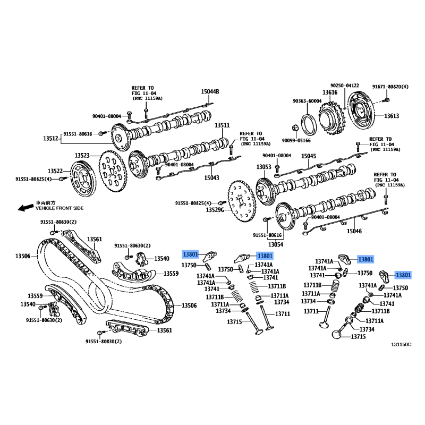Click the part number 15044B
coord(209,92)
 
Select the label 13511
coord(222,125)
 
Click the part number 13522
coord(55,171)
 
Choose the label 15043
coord(211,178)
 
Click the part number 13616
coord(330,92)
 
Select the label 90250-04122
coord(344,86)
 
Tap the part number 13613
coord(392,116)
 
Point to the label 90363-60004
coord(307,101)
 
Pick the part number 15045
coord(309,156)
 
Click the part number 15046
coord(354,231)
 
